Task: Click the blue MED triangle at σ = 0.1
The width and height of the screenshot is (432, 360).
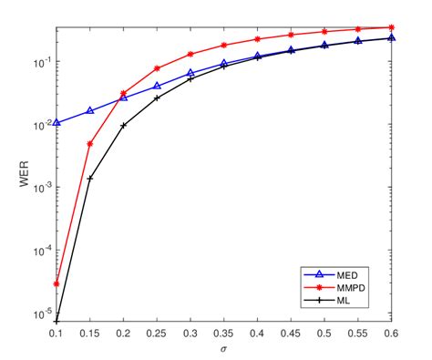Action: [x=57, y=122]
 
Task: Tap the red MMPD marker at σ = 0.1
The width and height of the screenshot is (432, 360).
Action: [x=57, y=283]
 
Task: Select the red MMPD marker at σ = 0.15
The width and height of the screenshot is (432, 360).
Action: [x=90, y=144]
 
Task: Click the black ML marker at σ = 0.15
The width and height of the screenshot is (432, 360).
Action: [x=90, y=179]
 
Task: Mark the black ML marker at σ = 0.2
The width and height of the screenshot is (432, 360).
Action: [x=124, y=125]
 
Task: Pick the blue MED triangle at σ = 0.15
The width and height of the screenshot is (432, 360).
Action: [x=90, y=110]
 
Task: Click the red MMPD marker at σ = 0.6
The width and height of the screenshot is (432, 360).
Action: [x=392, y=27]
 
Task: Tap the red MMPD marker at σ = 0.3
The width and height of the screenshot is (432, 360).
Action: [x=190, y=54]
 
